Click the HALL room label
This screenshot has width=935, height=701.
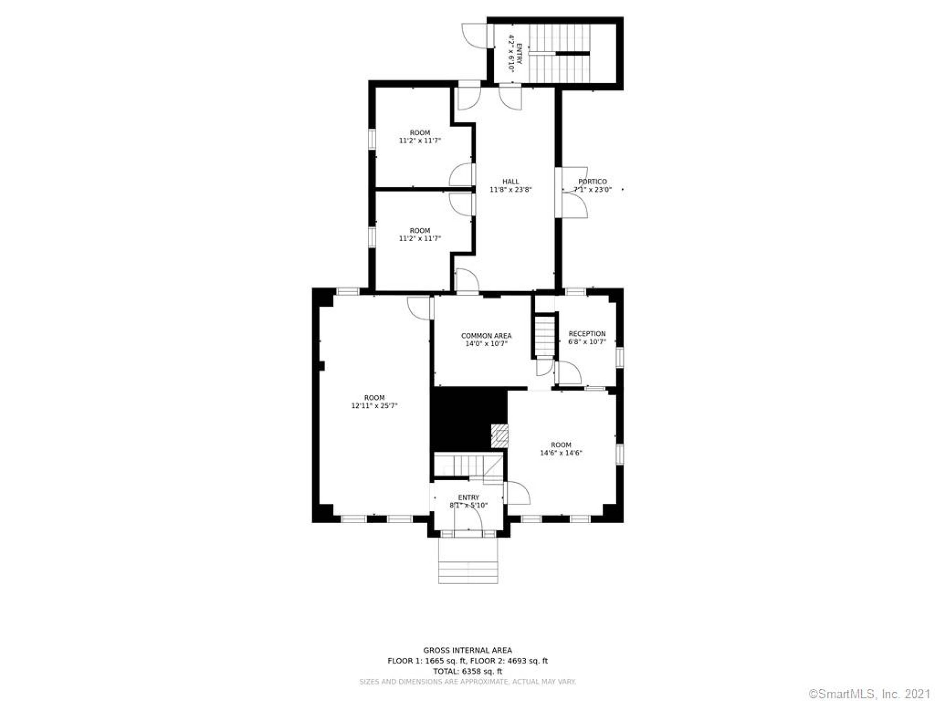(x=510, y=182)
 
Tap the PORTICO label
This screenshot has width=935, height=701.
(x=592, y=182)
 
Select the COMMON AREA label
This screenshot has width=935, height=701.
(x=486, y=336)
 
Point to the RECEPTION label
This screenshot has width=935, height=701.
(x=587, y=334)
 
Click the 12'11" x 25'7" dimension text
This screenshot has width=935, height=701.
(x=374, y=406)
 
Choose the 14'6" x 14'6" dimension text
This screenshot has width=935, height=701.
(x=561, y=453)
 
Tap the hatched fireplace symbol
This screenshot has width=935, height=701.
(x=499, y=436)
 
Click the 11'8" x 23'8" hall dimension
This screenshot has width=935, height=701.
(x=510, y=190)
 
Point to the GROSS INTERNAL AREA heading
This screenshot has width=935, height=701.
(x=468, y=650)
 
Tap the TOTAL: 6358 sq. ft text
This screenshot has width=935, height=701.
(x=468, y=671)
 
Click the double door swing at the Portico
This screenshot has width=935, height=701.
(x=574, y=192)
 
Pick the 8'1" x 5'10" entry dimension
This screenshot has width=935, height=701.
(x=468, y=505)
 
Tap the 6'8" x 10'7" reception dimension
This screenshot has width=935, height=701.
(x=587, y=342)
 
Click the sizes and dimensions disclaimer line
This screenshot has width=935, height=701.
(x=468, y=682)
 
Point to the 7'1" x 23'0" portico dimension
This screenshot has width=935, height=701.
(x=592, y=190)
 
